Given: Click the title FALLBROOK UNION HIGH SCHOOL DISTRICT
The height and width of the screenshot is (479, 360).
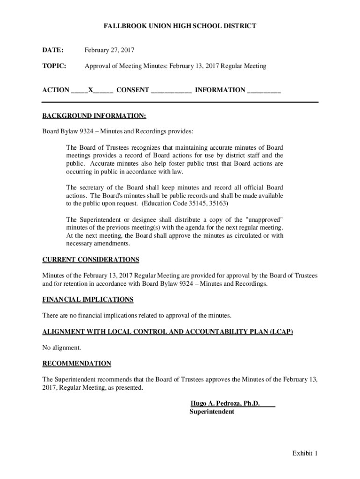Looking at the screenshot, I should pyautogui.click(x=180, y=26).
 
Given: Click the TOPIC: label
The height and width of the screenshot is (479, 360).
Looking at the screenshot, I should pyautogui.click(x=54, y=66).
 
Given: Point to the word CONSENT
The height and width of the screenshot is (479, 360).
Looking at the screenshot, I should pyautogui.click(x=133, y=90).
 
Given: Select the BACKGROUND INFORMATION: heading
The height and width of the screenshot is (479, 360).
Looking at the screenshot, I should pyautogui.click(x=94, y=116).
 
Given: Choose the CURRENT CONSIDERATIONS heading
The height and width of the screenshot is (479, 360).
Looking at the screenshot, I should pyautogui.click(x=91, y=260).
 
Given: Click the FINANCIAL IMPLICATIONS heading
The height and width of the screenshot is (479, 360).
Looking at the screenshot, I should pyautogui.click(x=88, y=299).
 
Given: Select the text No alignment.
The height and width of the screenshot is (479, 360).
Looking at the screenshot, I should pyautogui.click(x=62, y=348).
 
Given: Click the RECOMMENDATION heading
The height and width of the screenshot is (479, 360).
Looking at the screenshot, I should pyautogui.click(x=77, y=363).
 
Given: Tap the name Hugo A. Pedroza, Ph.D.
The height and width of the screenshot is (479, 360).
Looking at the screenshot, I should pyautogui.click(x=225, y=404).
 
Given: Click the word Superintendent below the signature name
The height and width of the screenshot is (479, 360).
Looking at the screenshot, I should pyautogui.click(x=212, y=412).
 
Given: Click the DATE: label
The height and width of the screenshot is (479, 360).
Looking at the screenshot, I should pyautogui.click(x=53, y=50).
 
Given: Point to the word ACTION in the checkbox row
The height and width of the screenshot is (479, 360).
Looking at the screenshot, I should pyautogui.click(x=56, y=90).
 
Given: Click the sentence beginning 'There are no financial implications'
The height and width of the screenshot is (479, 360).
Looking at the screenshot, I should pyautogui.click(x=137, y=315).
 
